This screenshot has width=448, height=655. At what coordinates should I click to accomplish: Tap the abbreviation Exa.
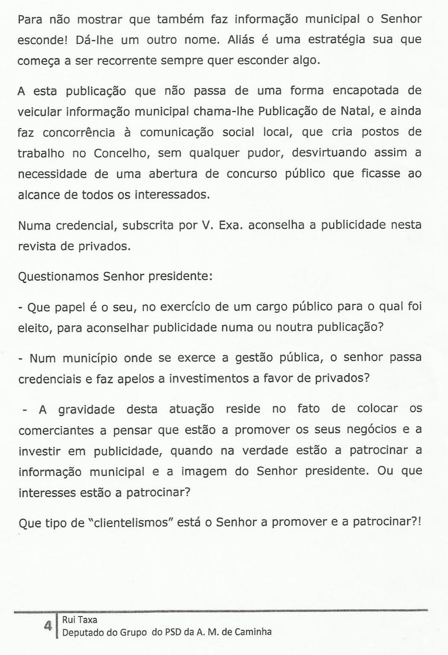pyautogui.click(x=231, y=225)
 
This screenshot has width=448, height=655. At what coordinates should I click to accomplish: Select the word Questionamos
pyautogui.click(x=59, y=276)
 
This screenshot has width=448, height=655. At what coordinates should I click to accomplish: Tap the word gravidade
pyautogui.click(x=86, y=410)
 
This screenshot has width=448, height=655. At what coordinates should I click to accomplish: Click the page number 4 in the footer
pyautogui.click(x=47, y=626)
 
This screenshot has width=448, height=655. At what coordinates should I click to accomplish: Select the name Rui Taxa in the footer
pyautogui.click(x=80, y=621)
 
